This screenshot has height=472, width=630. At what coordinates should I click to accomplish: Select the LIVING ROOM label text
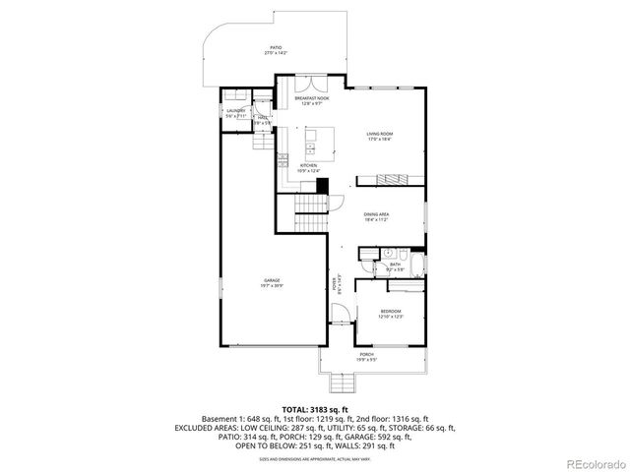click(x=380, y=136)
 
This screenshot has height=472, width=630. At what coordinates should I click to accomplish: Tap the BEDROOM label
click(x=391, y=314)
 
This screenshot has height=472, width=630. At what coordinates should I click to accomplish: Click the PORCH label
click(x=366, y=356)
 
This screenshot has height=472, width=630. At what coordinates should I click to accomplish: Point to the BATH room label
click(x=395, y=265)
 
